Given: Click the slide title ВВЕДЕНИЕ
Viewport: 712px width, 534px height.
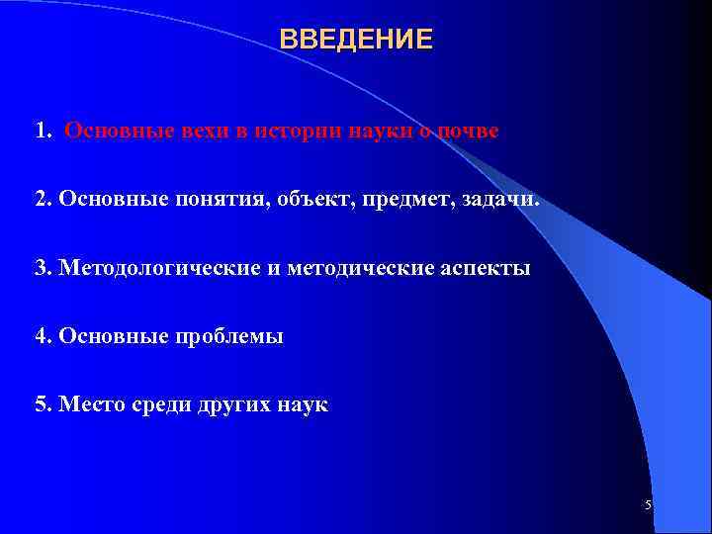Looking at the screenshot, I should pos(356,40).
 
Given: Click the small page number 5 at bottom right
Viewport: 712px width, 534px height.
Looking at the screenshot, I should pos(648,505).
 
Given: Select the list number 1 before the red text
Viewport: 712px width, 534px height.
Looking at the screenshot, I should pos(41,132).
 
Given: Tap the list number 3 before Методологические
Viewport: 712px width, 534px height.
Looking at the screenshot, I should pos(41,268).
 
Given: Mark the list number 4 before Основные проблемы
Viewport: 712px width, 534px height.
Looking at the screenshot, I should pos(41,336).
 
